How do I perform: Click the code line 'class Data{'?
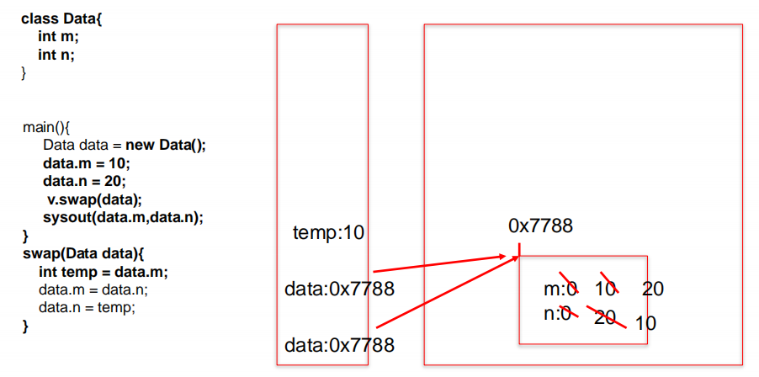click(61, 19)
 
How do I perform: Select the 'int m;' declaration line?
click(58, 37)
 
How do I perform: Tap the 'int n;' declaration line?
click(56, 56)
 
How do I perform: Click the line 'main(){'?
click(46, 128)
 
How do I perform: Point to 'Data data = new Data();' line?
click(125, 146)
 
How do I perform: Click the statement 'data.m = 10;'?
click(87, 164)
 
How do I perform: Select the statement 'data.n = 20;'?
click(85, 182)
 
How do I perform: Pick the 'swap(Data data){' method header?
click(84, 254)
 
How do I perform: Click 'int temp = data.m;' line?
click(103, 273)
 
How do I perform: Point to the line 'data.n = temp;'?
click(87, 308)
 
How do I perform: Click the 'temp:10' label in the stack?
click(329, 234)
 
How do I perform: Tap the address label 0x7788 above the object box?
click(541, 226)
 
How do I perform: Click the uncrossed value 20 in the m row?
click(653, 289)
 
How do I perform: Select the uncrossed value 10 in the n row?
click(645, 323)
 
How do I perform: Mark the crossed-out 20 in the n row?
click(604, 317)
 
